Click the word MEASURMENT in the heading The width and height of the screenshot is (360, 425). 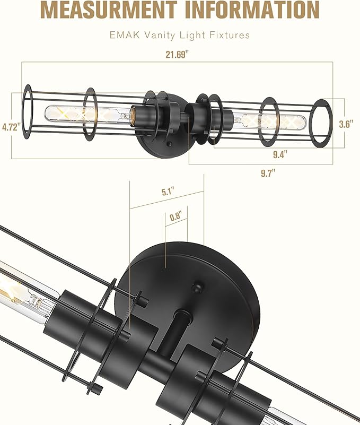click(x=108, y=10)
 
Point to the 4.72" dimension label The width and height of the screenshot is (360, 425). click(x=11, y=127)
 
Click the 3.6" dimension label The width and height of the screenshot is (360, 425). click(x=346, y=125)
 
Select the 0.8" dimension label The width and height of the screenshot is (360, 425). click(x=175, y=216)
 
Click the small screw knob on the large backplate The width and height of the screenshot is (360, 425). click(x=197, y=287)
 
